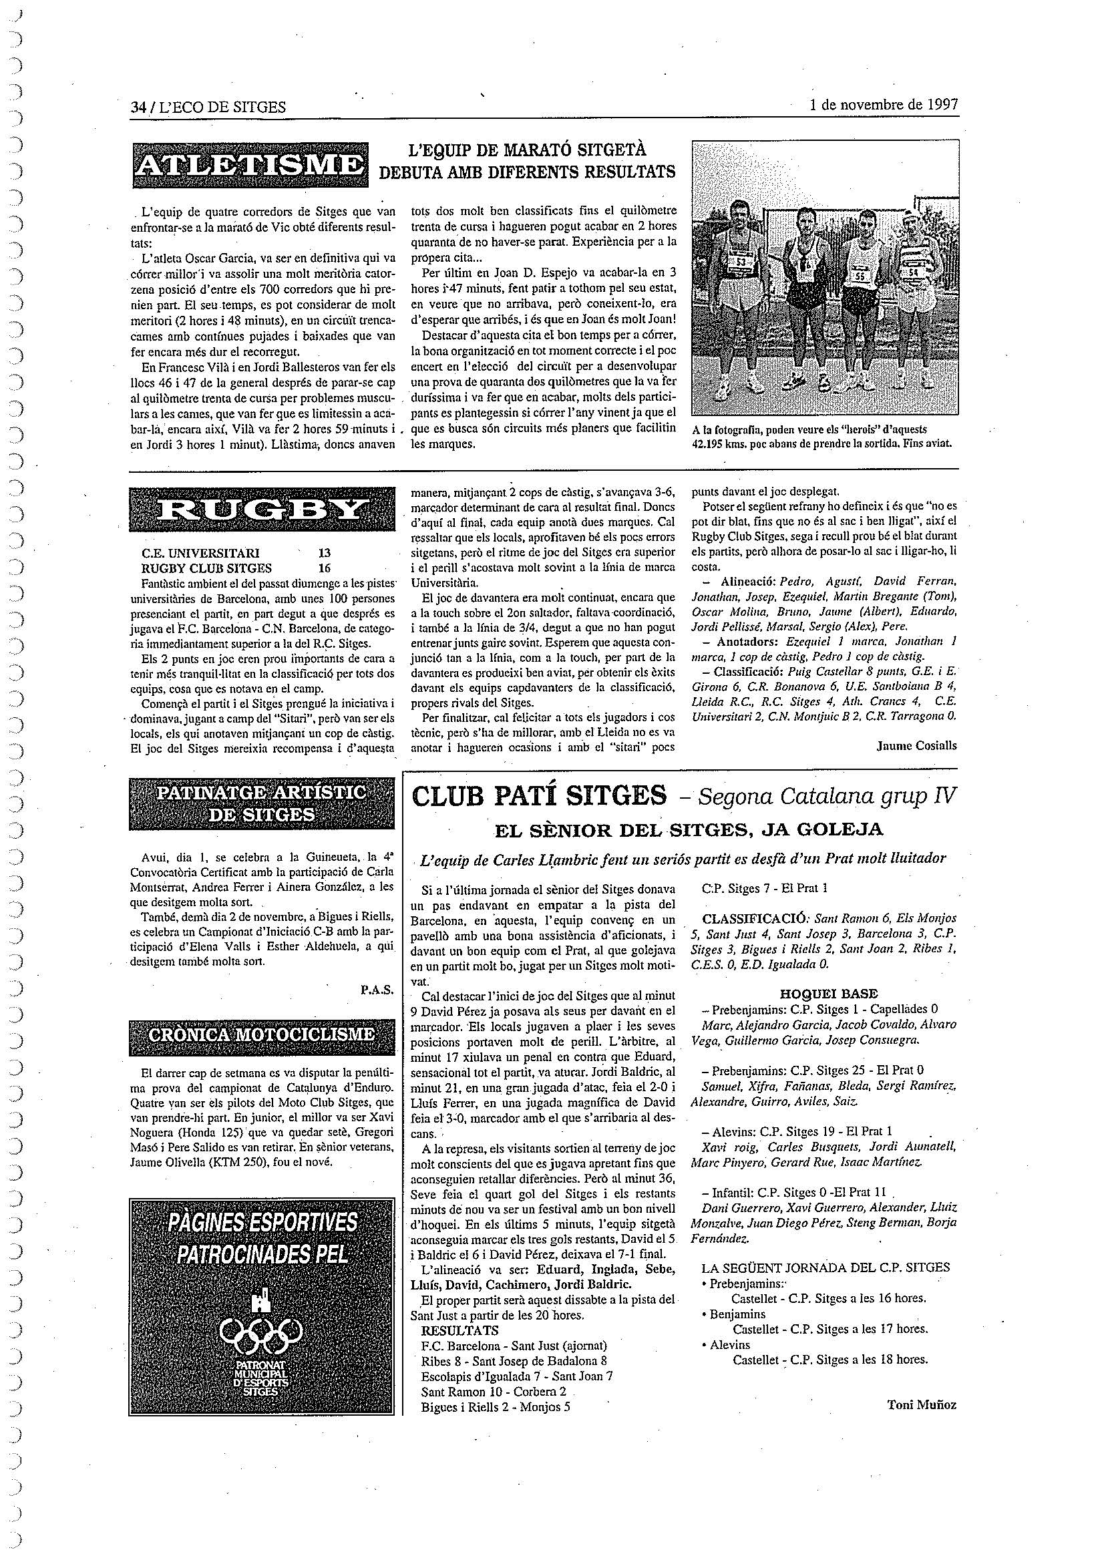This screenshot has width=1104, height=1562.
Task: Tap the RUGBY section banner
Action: coord(262,509)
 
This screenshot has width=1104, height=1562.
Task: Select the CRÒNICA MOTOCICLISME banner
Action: coord(262,1034)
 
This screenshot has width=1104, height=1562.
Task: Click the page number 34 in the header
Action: coord(139,107)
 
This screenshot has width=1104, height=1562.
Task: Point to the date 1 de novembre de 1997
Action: coord(884,105)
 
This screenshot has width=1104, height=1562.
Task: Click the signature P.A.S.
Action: coord(377,990)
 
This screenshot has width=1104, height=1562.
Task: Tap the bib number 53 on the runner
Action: coord(741,260)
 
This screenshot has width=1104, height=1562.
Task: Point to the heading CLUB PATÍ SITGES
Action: coord(539,795)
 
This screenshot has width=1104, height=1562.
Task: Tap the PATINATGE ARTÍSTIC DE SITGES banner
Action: coord(262,804)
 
